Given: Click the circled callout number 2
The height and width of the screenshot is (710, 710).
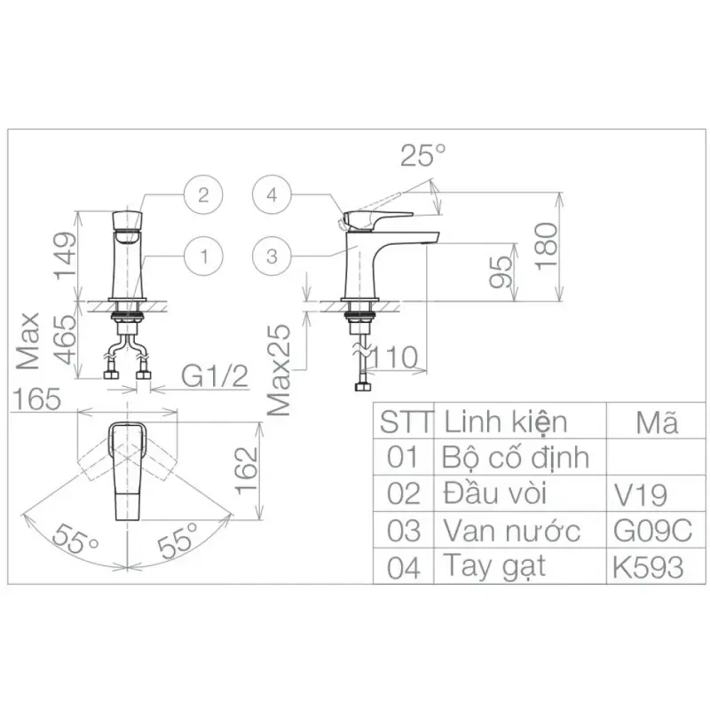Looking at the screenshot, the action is tap(203, 195).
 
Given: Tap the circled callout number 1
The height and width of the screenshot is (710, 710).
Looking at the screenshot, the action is tap(203, 256).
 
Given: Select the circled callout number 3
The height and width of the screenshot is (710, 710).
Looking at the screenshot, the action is tap(272, 256).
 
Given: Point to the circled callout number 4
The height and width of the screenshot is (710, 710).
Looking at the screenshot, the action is tap(272, 195).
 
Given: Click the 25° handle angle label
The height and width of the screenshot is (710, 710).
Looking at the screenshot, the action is tap(423, 155).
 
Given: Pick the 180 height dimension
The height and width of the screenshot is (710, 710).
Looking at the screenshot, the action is tap(547, 247).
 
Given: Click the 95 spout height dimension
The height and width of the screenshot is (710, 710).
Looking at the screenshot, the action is tap(501, 272).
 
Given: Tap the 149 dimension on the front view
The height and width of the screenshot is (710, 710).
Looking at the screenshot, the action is tap(65, 256).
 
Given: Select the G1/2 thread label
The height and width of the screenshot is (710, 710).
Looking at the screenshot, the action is tap(215, 376).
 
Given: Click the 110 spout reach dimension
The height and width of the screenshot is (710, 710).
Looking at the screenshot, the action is tap(393, 358).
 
